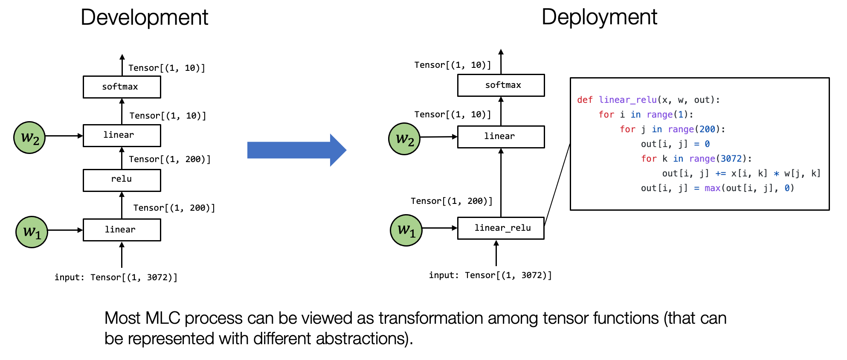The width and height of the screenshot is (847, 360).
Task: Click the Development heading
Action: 144,18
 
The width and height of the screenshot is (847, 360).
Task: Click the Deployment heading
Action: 599,17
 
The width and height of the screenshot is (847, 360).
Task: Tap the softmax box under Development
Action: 122,87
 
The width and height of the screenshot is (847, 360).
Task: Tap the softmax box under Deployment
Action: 501,85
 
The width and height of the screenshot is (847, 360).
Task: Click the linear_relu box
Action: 501,228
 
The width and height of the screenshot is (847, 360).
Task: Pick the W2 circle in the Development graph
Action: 29,137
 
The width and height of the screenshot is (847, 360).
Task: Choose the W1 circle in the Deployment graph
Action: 406,230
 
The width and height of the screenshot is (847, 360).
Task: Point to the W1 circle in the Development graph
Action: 32,232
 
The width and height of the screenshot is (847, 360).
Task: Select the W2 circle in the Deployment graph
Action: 404,139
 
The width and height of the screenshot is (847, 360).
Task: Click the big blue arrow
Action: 296,150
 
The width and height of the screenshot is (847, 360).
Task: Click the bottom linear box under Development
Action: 122,230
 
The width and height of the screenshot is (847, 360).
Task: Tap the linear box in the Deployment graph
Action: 501,136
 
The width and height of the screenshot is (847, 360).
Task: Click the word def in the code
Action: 585,100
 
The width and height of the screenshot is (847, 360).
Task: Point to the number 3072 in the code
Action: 731,159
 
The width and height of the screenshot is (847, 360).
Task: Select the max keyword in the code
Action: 712,188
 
